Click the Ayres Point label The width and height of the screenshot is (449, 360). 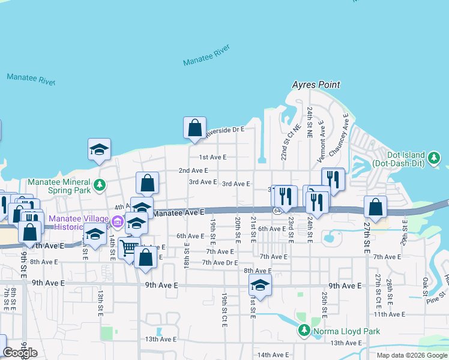coord(316,85)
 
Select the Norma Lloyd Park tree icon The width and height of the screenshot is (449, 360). coord(304,331)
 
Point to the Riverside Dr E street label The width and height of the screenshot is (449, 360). coord(225,130)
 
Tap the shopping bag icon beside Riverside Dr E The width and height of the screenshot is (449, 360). coord(194,128)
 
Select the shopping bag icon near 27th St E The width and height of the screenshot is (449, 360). coord(375,207)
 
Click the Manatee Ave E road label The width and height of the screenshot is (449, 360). coord(179,212)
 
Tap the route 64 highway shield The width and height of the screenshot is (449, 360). coord(277,211)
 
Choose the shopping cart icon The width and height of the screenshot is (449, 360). coord(127,248)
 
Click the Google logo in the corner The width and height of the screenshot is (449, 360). coord(20,353)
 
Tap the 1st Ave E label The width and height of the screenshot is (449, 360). coord(212,157)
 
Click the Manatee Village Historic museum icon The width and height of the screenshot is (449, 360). coord(117,223)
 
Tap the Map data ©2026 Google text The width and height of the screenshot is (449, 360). coord(412,355)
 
